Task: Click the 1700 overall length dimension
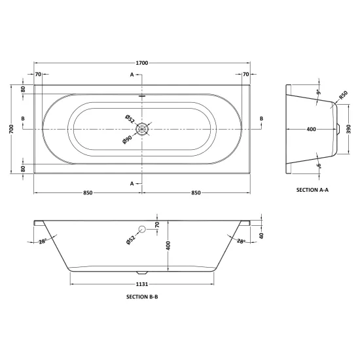tap(142, 63)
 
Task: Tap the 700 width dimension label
tap(12, 129)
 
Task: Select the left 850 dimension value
tap(88, 193)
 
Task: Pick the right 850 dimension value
tap(196, 193)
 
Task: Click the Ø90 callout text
tap(127, 139)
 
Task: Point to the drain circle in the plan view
tap(142, 129)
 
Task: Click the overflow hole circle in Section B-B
tap(142, 229)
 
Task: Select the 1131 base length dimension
tap(142, 284)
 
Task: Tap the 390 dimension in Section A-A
tap(349, 129)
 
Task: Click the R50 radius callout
tap(344, 95)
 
